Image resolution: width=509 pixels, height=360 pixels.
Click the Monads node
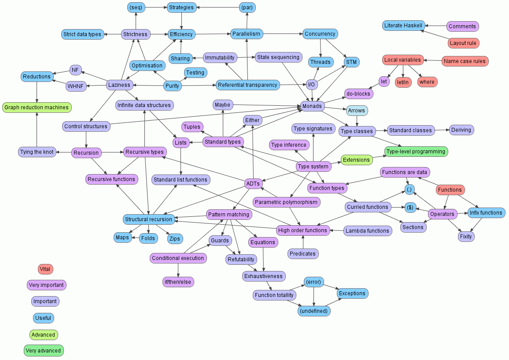[x=313, y=106]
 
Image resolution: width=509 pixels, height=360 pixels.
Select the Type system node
[x=313, y=167]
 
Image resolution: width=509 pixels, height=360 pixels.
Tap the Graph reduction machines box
[x=37, y=108]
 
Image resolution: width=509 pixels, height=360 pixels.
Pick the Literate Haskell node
[x=404, y=26]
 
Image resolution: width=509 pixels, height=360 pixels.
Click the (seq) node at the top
[x=136, y=7]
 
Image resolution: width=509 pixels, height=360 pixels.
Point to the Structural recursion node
[x=148, y=219]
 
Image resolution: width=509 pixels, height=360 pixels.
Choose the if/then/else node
[x=178, y=282]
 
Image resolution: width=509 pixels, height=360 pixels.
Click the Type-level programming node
[x=416, y=152]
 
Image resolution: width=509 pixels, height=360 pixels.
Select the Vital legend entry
[x=45, y=269]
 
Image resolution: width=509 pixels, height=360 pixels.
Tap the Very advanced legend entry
[x=44, y=351]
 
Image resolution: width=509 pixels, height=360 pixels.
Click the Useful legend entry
[x=43, y=318]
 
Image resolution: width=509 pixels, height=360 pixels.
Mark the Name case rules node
[x=465, y=61]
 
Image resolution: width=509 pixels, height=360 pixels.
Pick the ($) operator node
[x=410, y=207]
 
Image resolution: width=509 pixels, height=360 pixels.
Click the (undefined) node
[x=314, y=311]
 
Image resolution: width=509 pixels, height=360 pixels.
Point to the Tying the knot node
[x=37, y=152]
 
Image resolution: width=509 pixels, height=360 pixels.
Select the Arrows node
[x=356, y=110]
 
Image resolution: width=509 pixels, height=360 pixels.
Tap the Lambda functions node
[x=367, y=231]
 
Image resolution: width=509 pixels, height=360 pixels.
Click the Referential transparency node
[x=247, y=85]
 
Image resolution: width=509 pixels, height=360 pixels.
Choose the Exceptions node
[x=352, y=293]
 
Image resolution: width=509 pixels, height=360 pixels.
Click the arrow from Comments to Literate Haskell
[x=436, y=26]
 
